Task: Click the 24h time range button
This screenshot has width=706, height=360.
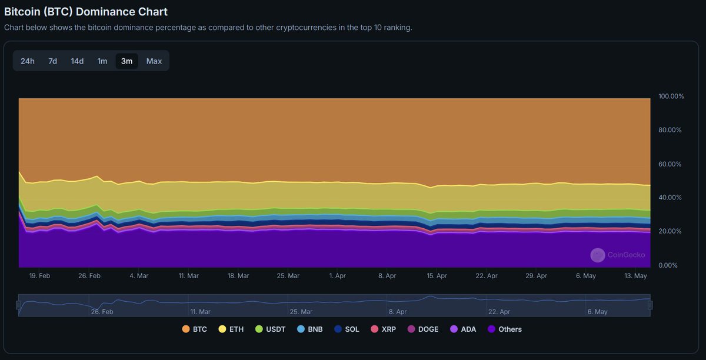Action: [28, 61]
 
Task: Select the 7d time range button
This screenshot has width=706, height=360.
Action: [53, 61]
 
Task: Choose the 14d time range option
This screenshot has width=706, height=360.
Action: [77, 61]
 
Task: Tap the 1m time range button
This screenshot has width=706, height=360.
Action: [102, 61]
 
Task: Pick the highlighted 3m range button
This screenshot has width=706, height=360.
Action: [126, 61]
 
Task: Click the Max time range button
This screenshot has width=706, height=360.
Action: [154, 61]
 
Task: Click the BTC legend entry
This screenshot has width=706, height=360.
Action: [195, 329]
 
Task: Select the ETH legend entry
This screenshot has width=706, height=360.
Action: [231, 329]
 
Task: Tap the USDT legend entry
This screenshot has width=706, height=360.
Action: [270, 329]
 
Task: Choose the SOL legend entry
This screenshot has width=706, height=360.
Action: [347, 329]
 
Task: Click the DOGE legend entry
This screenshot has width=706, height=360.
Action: [423, 329]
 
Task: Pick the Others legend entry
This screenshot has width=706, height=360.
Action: [504, 329]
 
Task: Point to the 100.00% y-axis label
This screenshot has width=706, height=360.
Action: [671, 96]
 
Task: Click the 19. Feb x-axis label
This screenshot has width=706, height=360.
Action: [39, 275]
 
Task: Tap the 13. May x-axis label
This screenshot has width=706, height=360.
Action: [636, 275]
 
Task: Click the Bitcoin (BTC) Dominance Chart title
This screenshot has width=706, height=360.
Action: [86, 12]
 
